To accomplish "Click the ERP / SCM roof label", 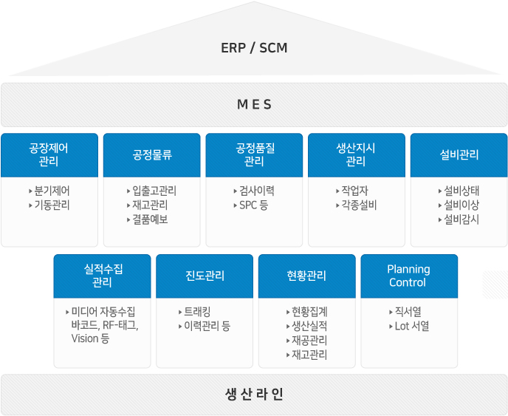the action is (254, 48).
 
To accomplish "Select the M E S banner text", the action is (254, 104).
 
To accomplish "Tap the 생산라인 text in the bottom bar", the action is (254, 395).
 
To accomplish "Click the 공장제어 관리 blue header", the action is (49, 155).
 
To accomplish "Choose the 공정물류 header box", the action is (152, 155).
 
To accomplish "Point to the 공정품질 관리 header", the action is (254, 155).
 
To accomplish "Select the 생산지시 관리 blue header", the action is (357, 155).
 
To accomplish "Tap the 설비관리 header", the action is (459, 155).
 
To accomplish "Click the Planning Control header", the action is (409, 276).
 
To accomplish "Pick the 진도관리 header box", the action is (205, 276).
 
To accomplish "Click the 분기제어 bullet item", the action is (52, 191).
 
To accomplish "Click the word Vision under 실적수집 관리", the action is (85, 338).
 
